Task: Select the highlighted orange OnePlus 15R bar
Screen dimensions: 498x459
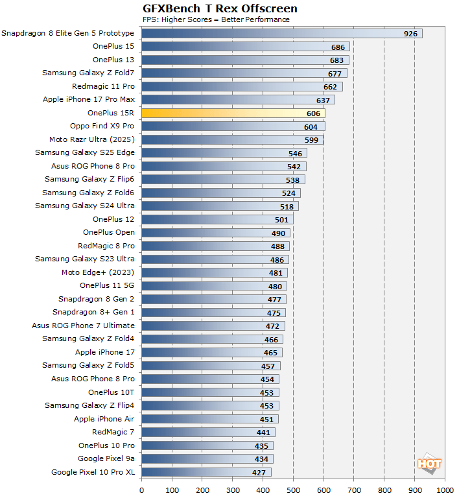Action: coord(233,113)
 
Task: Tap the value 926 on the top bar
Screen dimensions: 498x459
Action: coord(410,34)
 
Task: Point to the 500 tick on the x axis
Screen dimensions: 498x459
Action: coord(293,490)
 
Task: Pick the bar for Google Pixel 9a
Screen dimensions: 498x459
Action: coord(207,458)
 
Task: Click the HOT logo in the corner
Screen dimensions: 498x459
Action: coord(429,464)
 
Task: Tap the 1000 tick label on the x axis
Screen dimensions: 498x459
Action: coord(445,490)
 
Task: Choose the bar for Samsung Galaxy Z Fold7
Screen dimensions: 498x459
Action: coord(244,73)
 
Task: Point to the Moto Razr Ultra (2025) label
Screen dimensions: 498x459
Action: coord(91,139)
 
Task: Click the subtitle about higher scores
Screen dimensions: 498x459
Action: coord(216,19)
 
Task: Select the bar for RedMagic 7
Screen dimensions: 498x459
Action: coord(208,432)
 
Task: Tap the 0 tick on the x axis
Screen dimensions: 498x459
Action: coord(141,490)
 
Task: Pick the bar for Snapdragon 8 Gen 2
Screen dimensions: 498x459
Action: coord(213,299)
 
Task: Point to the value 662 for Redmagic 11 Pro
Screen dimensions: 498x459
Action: coord(330,86)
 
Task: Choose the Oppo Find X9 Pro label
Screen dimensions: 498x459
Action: coord(102,126)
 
